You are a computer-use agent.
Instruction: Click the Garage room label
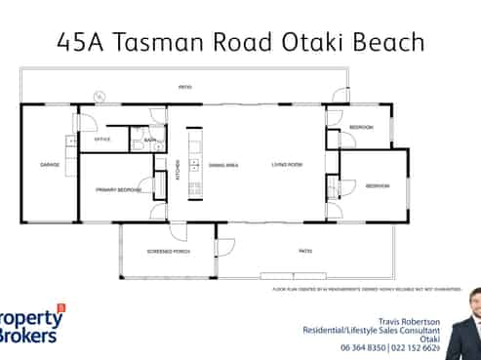[x=50, y=164]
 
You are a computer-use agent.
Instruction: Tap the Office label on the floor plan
[x=102, y=140]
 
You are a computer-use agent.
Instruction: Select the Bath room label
[x=150, y=140]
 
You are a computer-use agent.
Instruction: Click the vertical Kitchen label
[x=178, y=169]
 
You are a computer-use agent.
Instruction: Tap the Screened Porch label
[x=169, y=251]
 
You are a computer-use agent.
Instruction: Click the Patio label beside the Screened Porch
[x=304, y=251]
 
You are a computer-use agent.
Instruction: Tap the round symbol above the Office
[x=99, y=97]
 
